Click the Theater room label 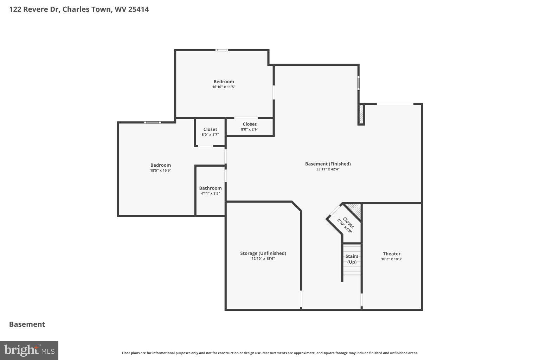(391, 253)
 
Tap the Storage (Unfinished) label (263, 253)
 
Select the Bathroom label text (210, 188)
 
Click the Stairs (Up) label (352, 259)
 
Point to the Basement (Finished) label (328, 164)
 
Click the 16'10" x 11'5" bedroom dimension (224, 87)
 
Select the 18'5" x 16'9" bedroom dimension (160, 171)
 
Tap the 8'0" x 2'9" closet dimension (249, 129)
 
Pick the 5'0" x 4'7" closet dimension (210, 135)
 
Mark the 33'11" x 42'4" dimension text (328, 169)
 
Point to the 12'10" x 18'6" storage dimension (263, 259)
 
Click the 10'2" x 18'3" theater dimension (391, 259)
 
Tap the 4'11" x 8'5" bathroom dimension (210, 193)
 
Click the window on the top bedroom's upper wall (222, 50)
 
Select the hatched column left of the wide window (361, 114)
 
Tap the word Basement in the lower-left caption (27, 324)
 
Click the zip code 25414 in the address (138, 9)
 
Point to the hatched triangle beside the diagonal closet (355, 210)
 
